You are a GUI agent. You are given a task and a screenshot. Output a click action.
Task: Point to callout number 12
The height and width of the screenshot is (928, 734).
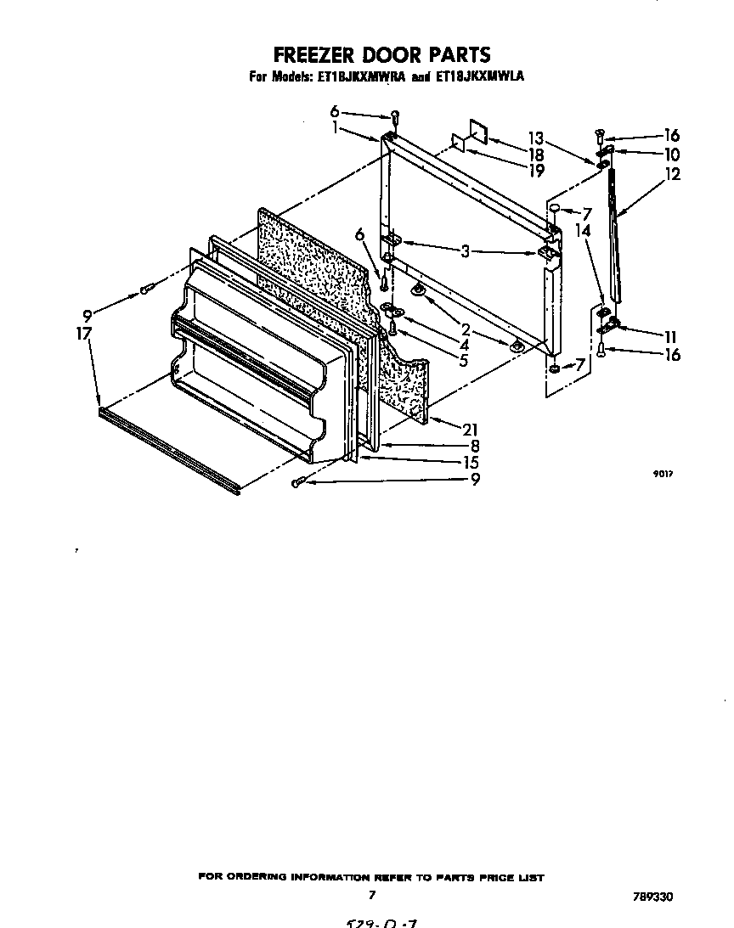pyautogui.click(x=673, y=174)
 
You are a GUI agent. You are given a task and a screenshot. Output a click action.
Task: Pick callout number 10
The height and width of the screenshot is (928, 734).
pyautogui.click(x=672, y=155)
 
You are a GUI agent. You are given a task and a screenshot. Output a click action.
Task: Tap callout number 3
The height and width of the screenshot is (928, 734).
pyautogui.click(x=465, y=251)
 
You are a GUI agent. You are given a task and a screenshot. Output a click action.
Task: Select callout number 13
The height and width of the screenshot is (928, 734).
pyautogui.click(x=535, y=138)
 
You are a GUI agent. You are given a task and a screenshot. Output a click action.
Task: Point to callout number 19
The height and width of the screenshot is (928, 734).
pyautogui.click(x=535, y=170)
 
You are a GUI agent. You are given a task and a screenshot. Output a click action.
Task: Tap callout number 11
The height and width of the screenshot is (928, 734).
pyautogui.click(x=672, y=336)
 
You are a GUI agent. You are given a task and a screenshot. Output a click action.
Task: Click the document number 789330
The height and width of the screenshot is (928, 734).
pyautogui.click(x=657, y=896)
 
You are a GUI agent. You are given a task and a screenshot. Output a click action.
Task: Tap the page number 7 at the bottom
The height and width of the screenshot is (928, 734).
pyautogui.click(x=371, y=894)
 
